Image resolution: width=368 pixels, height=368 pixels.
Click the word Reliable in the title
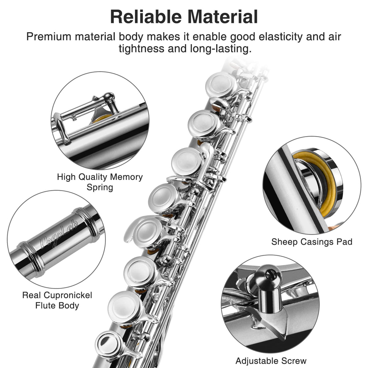click(x=146, y=17)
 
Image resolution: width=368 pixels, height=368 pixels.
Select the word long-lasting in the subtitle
click(x=220, y=49)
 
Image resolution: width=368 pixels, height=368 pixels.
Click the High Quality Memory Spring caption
click(x=100, y=182)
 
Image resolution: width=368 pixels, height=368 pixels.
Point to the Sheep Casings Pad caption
click(x=312, y=242)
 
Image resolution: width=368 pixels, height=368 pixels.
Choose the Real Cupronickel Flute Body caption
click(x=57, y=301)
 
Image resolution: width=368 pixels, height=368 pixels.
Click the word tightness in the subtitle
click(x=141, y=49)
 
